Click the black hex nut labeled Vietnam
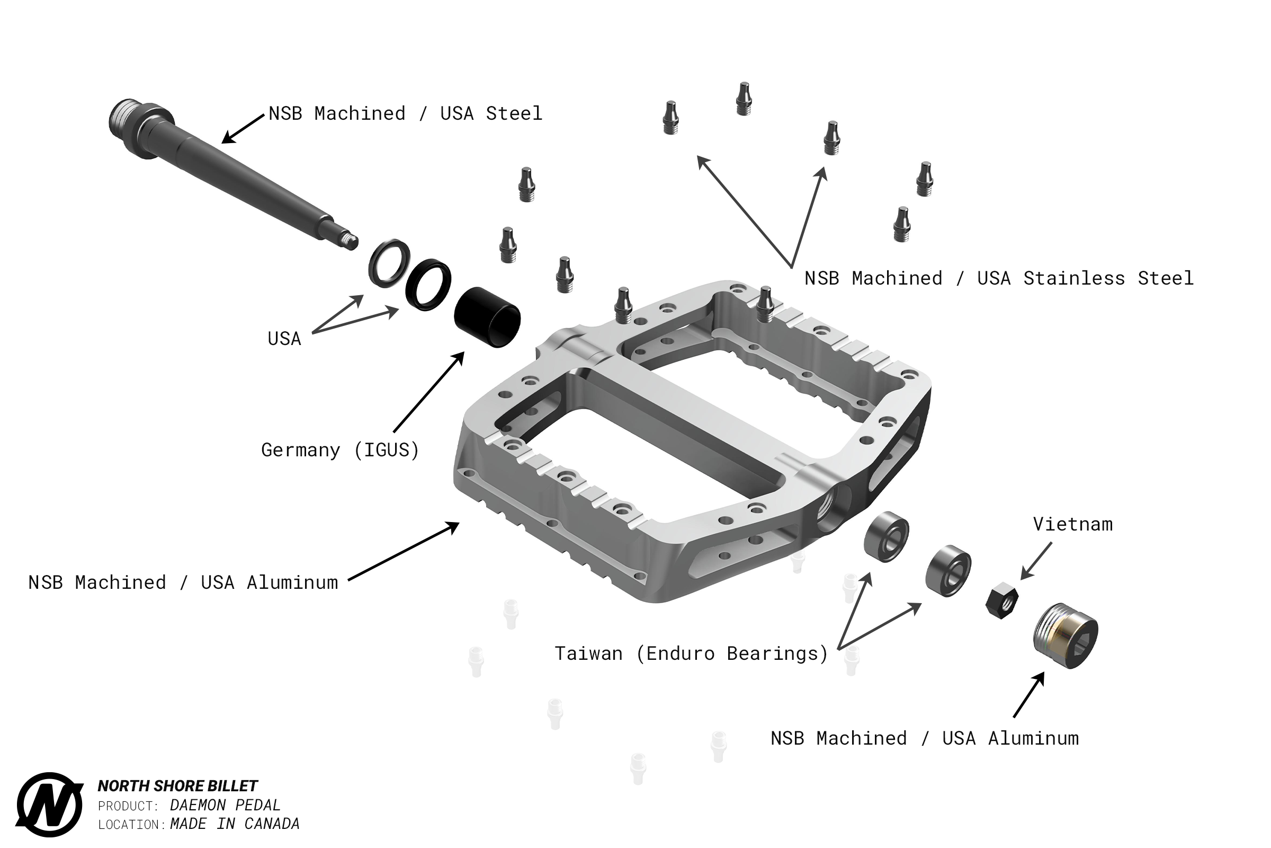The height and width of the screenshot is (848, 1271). (x=1001, y=600)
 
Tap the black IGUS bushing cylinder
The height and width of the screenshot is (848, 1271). (x=487, y=317)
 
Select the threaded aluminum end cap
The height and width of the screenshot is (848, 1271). (x=1065, y=635)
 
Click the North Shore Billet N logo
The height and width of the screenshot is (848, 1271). (x=50, y=804)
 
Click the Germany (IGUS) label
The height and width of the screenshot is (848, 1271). (x=340, y=450)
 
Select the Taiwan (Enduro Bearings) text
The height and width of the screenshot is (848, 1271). (x=691, y=653)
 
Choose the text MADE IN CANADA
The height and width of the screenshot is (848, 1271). (x=235, y=824)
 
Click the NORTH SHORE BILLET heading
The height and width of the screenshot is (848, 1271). (x=177, y=786)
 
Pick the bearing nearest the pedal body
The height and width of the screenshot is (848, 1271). (x=886, y=536)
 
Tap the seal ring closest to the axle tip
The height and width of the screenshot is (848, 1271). (x=389, y=263)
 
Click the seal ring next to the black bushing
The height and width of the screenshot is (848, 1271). (x=428, y=285)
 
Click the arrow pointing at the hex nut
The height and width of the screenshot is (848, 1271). (x=1036, y=561)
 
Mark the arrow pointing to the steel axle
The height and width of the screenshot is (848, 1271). (x=243, y=129)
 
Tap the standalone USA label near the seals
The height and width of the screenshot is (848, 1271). (x=284, y=339)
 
